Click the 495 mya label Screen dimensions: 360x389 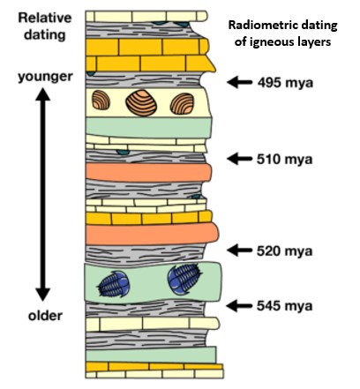tap(285, 83)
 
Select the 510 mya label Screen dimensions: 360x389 tap(284, 160)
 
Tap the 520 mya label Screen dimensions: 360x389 tap(284, 251)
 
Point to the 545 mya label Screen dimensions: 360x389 tap(284, 306)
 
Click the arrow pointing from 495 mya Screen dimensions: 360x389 tap(240, 82)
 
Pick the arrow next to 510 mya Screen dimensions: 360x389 tap(240, 159)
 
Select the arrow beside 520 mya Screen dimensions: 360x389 tap(240, 251)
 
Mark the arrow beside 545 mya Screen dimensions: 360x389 tap(240, 306)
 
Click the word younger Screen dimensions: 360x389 tap(45, 77)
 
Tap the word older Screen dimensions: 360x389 tap(45, 316)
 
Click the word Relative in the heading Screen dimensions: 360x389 tap(45, 18)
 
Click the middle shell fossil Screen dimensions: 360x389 tap(141, 102)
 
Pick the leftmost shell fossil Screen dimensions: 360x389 tap(101, 100)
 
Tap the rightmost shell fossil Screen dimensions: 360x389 tap(182, 103)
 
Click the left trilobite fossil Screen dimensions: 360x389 tap(114, 284)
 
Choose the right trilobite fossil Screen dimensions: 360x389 tap(184, 279)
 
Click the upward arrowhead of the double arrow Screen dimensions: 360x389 tap(43, 94)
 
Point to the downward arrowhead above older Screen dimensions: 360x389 tap(43, 295)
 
